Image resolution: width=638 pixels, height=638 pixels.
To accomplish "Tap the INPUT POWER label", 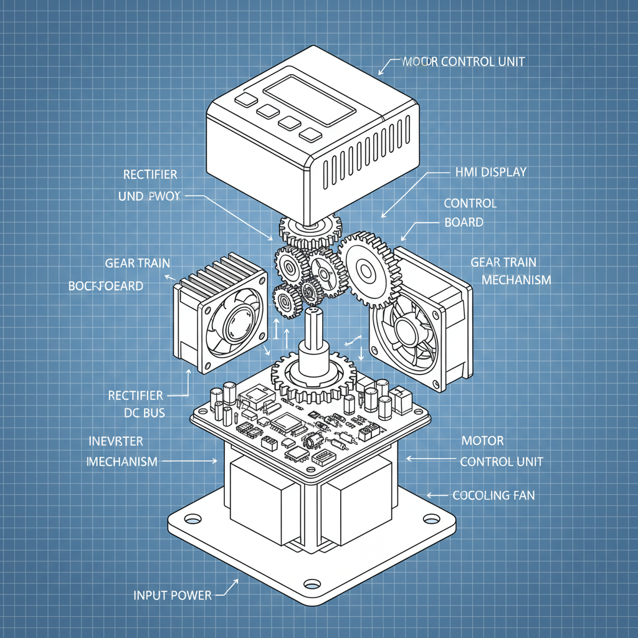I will click(173, 595).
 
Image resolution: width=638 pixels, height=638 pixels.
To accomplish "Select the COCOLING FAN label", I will click(493, 496).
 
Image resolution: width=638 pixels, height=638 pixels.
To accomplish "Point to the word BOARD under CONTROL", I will click(464, 222).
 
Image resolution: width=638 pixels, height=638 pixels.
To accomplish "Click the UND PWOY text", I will click(149, 196).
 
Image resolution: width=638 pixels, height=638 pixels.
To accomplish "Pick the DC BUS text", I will click(144, 412).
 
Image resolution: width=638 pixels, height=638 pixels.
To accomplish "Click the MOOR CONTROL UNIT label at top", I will click(464, 62).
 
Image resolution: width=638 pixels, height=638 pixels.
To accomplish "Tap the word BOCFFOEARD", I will click(105, 287).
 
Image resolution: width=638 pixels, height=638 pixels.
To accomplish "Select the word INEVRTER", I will click(115, 442).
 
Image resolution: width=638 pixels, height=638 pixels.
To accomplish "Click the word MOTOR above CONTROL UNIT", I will click(482, 441).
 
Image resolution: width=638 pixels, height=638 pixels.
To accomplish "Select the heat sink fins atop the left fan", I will click(224, 274).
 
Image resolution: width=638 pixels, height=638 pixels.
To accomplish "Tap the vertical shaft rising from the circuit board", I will click(312, 337).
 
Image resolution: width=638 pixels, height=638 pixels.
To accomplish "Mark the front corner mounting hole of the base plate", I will click(309, 584).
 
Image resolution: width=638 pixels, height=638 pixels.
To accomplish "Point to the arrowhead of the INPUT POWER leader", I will click(237, 581).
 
